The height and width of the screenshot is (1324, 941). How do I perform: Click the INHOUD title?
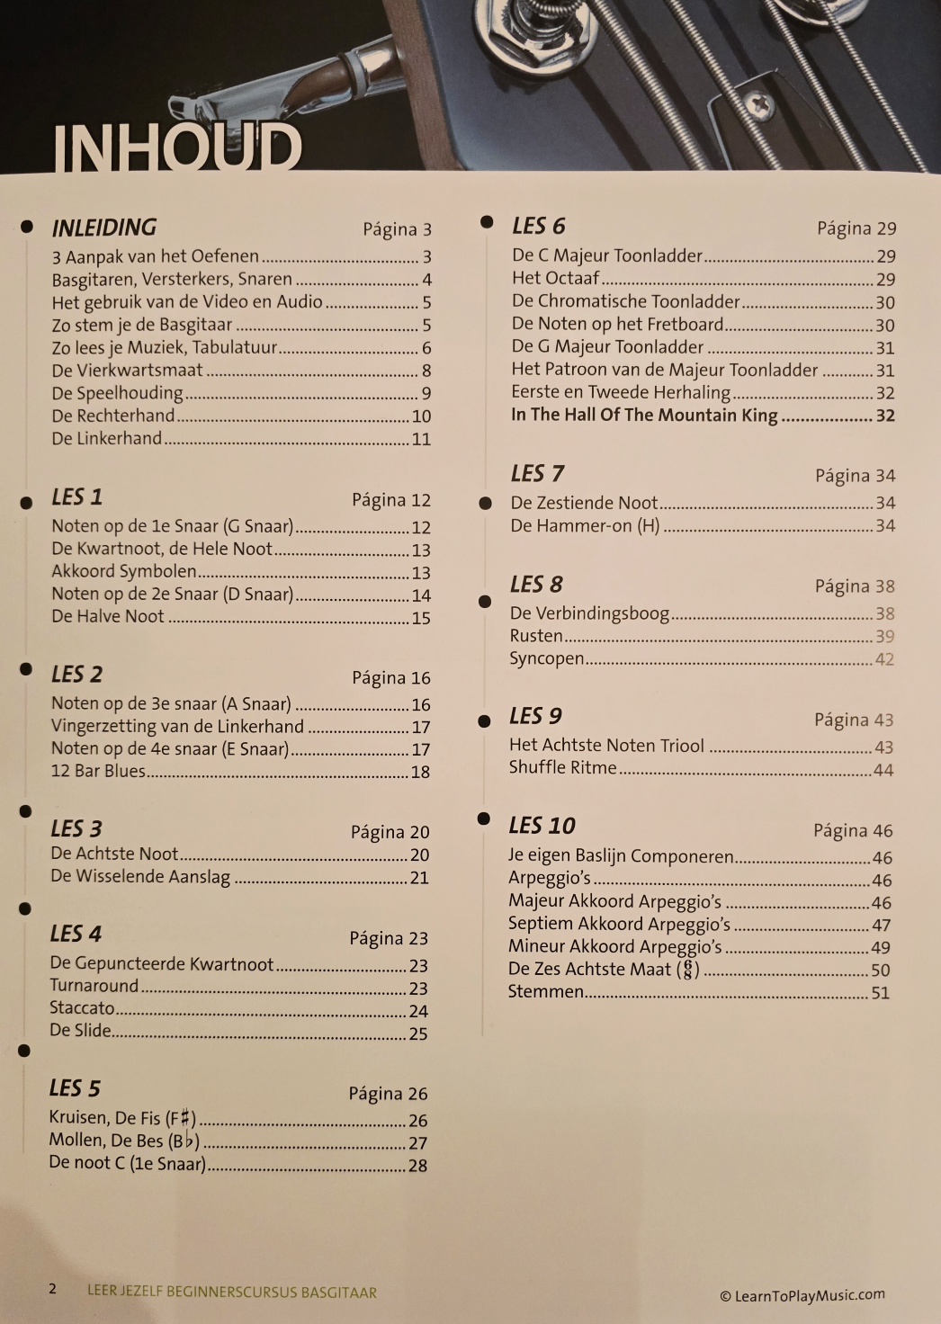(x=176, y=148)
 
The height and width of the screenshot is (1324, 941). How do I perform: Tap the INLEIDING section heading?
(x=103, y=228)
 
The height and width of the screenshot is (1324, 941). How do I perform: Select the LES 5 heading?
(x=75, y=1089)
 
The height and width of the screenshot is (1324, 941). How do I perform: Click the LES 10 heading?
(x=542, y=826)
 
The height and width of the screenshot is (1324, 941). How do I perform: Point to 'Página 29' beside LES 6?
(x=856, y=228)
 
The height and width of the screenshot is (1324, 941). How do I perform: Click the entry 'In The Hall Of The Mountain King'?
(x=644, y=415)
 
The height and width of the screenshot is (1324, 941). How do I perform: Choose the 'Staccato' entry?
(x=82, y=1008)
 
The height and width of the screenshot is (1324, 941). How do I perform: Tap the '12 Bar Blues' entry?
(x=97, y=772)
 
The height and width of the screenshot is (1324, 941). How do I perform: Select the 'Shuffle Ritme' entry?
(x=562, y=768)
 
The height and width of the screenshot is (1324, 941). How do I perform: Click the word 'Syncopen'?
(x=546, y=658)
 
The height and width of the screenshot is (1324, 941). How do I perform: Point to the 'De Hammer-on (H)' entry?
(x=585, y=525)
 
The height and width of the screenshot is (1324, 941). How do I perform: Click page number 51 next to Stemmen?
(x=880, y=993)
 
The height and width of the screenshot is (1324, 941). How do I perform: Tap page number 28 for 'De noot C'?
(x=417, y=1166)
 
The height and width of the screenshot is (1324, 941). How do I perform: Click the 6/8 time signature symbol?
(x=689, y=970)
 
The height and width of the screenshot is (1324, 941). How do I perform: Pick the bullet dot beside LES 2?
(x=26, y=670)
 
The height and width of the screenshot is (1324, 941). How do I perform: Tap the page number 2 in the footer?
(x=52, y=1289)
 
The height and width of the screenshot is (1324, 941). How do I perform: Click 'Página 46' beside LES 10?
(x=852, y=831)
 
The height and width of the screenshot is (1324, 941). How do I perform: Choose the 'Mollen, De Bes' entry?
(x=124, y=1141)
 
